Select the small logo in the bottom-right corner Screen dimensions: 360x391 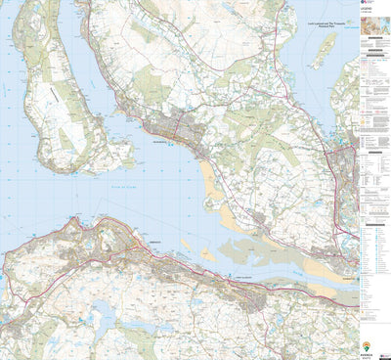(x=385, y=353)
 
